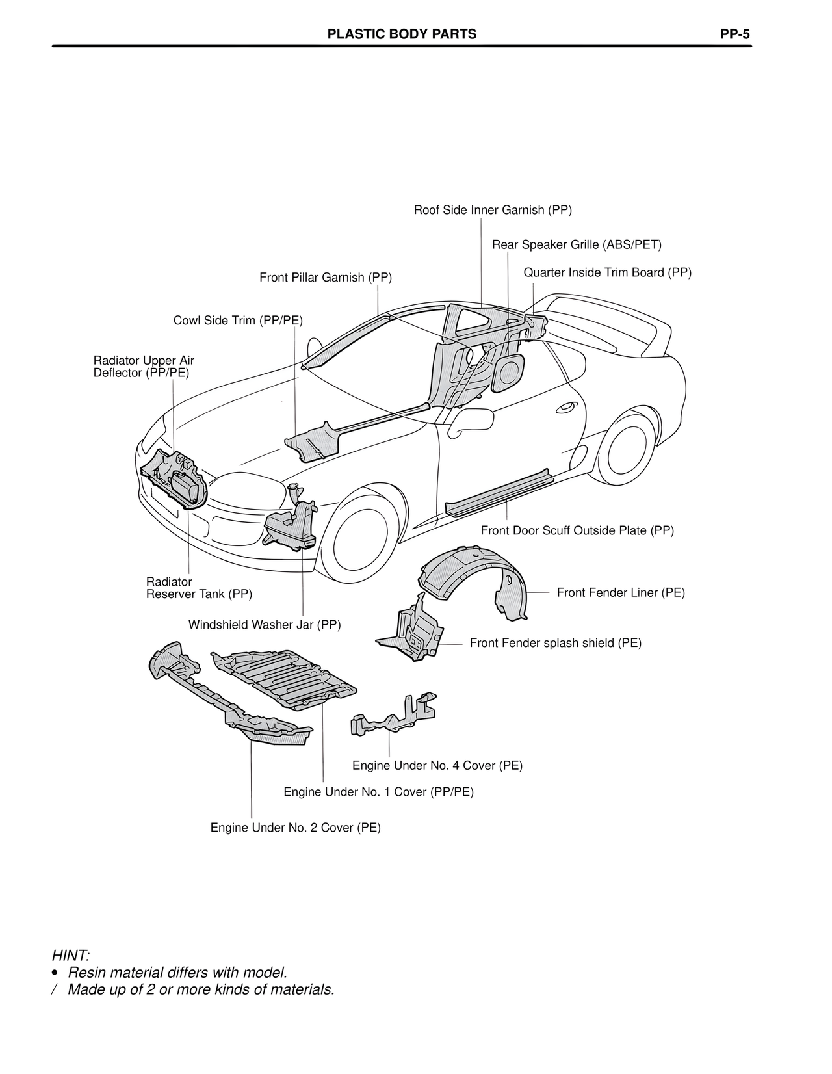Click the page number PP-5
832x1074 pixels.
click(734, 34)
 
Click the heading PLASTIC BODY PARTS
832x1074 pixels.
click(402, 34)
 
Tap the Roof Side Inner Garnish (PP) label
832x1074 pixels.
click(493, 210)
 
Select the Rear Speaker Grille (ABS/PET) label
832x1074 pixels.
click(577, 244)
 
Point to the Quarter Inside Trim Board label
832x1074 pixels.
click(607, 272)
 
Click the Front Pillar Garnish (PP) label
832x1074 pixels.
click(326, 278)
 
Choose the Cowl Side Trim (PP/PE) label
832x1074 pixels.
click(238, 321)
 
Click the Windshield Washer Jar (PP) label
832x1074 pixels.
click(265, 625)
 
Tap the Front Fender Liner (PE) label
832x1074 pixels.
click(621, 592)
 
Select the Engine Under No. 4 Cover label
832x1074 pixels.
click(437, 765)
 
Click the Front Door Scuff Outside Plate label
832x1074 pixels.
click(577, 530)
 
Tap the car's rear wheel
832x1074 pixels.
click(626, 450)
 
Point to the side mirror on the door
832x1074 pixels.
click(473, 421)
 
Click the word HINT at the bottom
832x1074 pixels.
click(70, 955)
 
